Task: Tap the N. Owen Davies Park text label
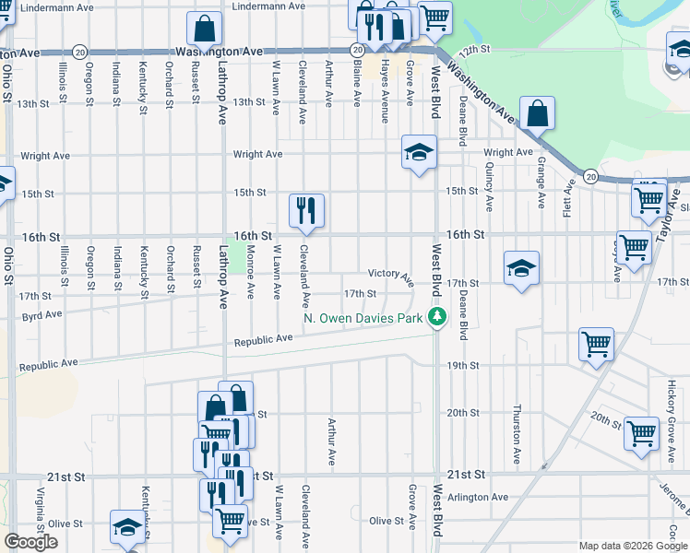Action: coord(363,320)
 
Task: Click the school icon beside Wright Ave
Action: coord(418,152)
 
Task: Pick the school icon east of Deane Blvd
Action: coord(521,268)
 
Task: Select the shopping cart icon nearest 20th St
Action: coord(641,432)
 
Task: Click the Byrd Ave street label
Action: coord(41,314)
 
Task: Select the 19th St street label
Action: coord(462,366)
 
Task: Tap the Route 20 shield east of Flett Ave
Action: coord(590,175)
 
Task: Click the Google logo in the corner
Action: coord(30,542)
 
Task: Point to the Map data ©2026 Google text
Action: coord(631,546)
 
